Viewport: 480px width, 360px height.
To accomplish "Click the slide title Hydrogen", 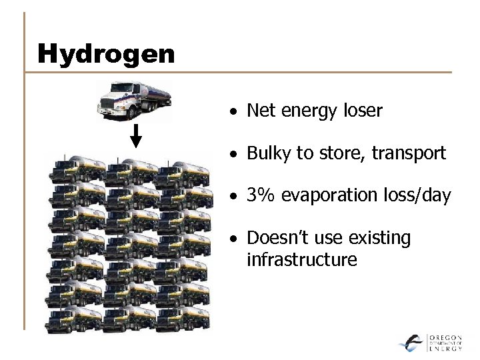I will (106, 53).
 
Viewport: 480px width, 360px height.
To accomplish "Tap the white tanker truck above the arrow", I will (134, 100).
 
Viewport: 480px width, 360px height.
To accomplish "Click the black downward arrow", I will (135, 137).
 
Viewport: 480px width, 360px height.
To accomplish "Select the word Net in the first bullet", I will (260, 111).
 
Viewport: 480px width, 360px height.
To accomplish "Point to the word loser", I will (363, 111).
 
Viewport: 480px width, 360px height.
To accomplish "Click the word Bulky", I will (267, 153).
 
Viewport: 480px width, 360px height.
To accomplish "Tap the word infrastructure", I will (301, 259).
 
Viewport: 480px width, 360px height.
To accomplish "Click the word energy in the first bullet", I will (309, 111).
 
